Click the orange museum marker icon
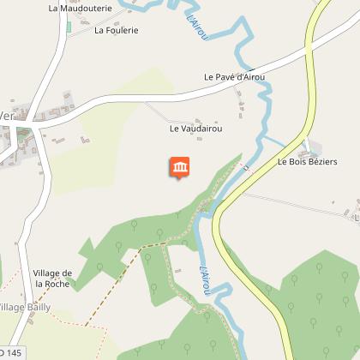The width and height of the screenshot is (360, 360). coord(181,167)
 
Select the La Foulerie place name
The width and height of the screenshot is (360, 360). coord(117,30)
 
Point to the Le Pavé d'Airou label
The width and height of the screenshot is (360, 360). coord(235,76)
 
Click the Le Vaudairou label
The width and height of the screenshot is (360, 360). coord(196,129)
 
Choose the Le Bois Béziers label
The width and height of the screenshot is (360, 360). coord(308,162)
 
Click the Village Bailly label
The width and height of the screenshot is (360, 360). coord(36,307)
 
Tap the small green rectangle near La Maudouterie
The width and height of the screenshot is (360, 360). coord(69,27)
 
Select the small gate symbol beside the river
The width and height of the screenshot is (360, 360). coord(246,168)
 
